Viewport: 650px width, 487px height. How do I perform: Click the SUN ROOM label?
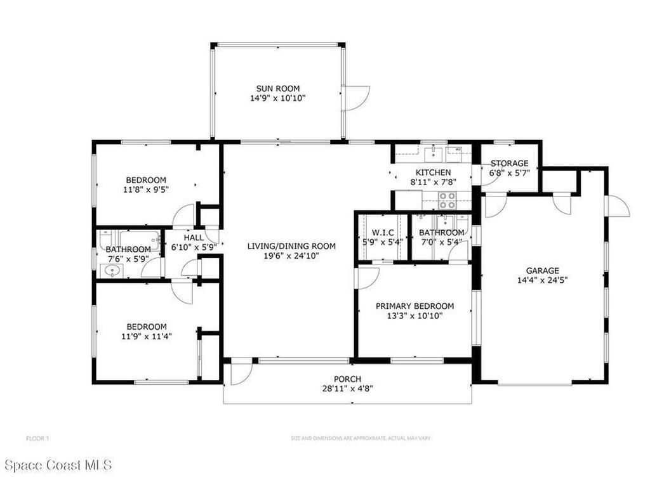tap(277, 89)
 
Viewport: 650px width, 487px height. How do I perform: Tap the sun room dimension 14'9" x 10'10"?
tap(277, 99)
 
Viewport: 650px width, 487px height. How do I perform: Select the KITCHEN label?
tap(433, 172)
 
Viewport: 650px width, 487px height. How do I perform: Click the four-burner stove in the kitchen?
tap(448, 200)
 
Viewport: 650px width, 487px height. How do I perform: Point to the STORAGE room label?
tap(509, 164)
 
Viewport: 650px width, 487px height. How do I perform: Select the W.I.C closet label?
tap(383, 232)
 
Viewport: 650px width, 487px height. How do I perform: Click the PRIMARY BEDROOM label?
tap(415, 305)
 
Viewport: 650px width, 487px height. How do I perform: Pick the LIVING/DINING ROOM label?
tap(291, 246)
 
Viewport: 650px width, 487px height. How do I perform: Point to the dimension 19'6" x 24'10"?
tap(291, 256)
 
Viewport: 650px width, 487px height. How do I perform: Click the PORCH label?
tap(347, 379)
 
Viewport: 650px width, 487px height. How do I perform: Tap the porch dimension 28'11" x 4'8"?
tap(347, 389)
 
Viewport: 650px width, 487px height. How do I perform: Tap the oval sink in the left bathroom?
tap(112, 272)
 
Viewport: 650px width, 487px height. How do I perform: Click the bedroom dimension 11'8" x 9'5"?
tap(146, 189)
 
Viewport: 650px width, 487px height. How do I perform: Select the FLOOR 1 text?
tap(37, 438)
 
